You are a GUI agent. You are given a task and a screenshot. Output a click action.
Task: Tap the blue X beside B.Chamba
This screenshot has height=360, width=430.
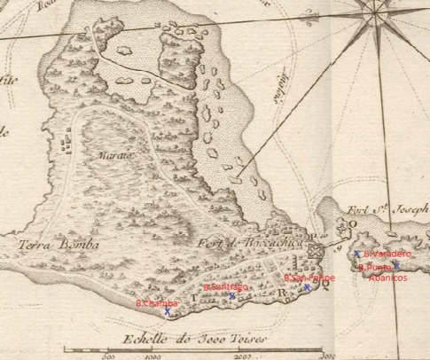click(167, 312)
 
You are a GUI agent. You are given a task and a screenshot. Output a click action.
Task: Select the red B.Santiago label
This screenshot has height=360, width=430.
click(224, 287)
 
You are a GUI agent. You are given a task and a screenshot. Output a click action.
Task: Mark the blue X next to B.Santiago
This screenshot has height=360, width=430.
click(232, 296)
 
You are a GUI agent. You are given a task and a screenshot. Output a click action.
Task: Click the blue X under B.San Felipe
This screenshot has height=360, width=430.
click(308, 287)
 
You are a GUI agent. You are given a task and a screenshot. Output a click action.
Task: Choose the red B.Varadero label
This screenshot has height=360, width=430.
click(387, 254)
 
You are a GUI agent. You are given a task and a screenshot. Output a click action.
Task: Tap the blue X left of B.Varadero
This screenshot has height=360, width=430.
click(356, 254)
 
